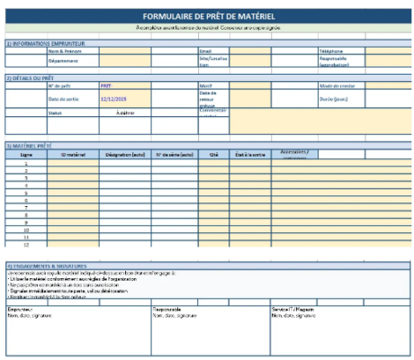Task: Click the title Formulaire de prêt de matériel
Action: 208,17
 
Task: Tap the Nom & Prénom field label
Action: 64,52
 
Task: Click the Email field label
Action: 205,52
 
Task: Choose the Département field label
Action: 63,61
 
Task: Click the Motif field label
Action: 205,85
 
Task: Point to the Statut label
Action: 54,112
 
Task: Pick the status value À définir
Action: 127,112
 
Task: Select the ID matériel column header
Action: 75,155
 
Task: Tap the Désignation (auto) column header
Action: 125,155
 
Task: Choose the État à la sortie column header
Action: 247,155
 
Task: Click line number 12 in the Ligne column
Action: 26,244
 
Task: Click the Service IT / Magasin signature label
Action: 293,309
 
